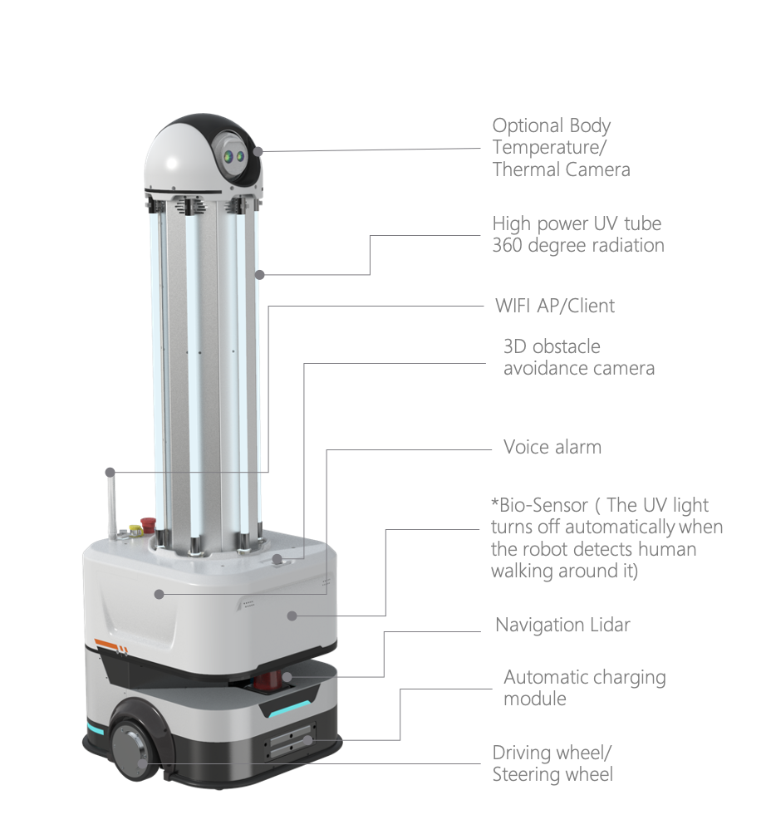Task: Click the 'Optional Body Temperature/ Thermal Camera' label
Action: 561,148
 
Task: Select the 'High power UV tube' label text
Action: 577,223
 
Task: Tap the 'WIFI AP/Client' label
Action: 554,306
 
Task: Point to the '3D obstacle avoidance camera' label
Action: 578,357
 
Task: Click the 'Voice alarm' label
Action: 552,447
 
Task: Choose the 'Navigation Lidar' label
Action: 562,625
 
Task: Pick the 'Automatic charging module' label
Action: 584,688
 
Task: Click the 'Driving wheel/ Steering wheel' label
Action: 552,763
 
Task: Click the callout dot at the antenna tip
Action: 110,472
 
